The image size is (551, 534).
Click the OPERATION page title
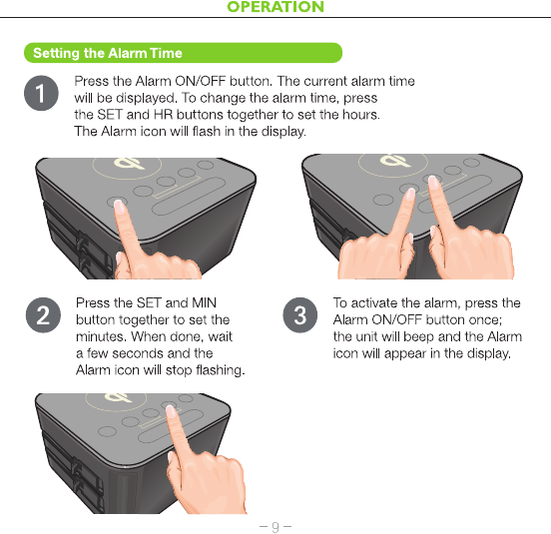[x=275, y=7]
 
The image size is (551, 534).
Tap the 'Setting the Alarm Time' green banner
[x=183, y=53]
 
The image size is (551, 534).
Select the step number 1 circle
[x=41, y=93]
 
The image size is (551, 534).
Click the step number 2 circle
[x=43, y=315]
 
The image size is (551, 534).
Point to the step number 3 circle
[x=299, y=315]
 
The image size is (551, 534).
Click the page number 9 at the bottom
[x=275, y=526]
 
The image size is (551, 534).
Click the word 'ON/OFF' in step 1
[x=200, y=81]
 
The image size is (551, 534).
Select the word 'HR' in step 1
[x=163, y=115]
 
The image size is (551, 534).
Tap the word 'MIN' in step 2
[x=205, y=302]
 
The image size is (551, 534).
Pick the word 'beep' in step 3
[x=419, y=337]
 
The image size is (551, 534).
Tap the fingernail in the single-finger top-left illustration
[x=120, y=207]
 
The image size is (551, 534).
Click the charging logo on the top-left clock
[x=128, y=164]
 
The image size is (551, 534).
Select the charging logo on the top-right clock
[x=395, y=160]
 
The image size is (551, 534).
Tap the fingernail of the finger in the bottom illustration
[x=171, y=411]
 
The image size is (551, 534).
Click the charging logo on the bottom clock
[x=118, y=397]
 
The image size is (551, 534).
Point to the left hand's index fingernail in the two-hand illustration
[x=410, y=195]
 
